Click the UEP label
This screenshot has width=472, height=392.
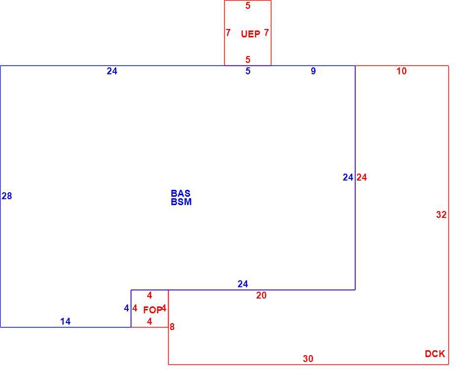coord(250,34)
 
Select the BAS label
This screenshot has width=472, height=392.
coord(180,193)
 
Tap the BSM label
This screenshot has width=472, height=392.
coord(181,202)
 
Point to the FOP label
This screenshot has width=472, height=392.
coord(152,310)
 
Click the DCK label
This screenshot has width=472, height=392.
coord(435,354)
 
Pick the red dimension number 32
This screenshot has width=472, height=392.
coord(442,214)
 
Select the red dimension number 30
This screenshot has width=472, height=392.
coord(308,359)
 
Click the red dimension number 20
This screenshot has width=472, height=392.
coord(261,296)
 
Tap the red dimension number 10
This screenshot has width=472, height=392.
coord(402,71)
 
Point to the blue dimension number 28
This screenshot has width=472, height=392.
coord(6,196)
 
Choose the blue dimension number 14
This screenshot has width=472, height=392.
coord(65,322)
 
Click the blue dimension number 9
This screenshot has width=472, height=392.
coord(313,71)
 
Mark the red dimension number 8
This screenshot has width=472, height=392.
coord(172,327)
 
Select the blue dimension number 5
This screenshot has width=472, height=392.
coord(248,71)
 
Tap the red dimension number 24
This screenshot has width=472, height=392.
coord(361,178)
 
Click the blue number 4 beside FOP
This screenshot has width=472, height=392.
coord(126,308)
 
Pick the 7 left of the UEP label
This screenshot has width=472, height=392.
coord(228,32)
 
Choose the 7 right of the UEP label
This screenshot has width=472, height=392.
coord(266,32)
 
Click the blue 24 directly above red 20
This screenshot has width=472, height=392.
coord(242,284)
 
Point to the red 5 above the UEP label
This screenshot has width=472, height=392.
coord(248,6)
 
